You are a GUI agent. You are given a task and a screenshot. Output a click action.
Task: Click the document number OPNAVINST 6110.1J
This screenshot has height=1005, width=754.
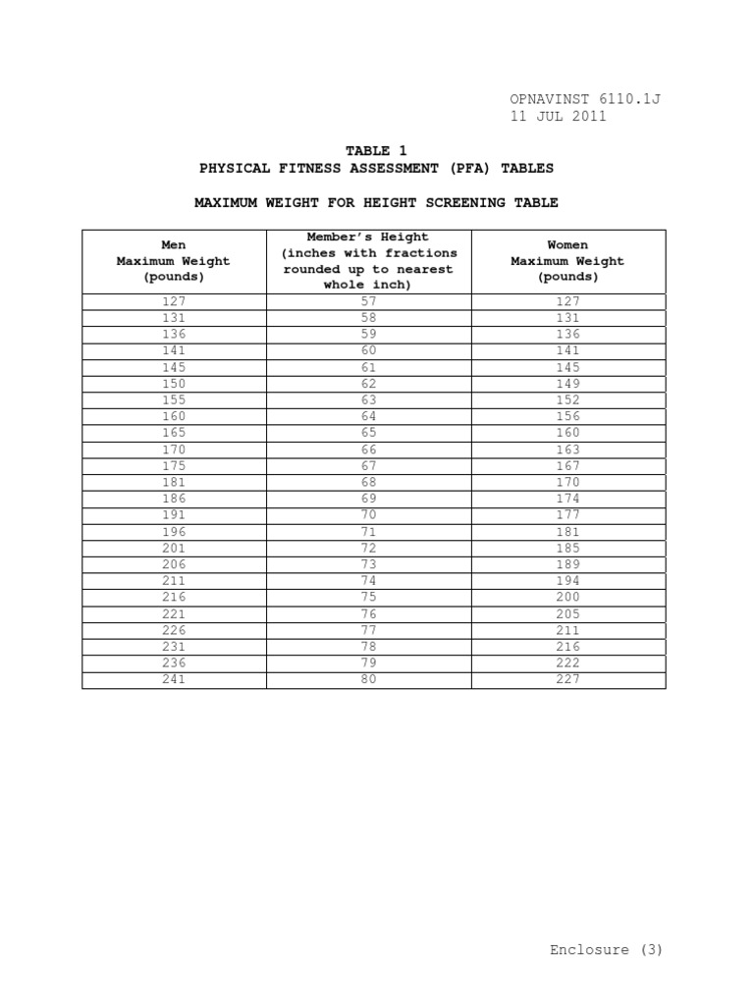click(x=585, y=99)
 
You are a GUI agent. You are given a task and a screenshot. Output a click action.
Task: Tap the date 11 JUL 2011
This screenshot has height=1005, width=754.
click(x=558, y=116)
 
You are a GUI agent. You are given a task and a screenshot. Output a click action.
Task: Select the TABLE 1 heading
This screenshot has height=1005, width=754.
click(x=375, y=150)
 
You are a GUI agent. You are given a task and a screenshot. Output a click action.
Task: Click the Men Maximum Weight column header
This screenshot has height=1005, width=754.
click(x=174, y=261)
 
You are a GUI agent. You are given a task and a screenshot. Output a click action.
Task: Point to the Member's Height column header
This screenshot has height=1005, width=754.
click(x=368, y=261)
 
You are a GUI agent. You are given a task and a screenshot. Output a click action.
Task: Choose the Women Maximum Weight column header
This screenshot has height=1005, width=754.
click(x=567, y=261)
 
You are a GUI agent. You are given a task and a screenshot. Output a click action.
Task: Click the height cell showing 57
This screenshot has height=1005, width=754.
click(x=368, y=301)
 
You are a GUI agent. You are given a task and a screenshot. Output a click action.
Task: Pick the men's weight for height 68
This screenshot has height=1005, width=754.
click(x=174, y=482)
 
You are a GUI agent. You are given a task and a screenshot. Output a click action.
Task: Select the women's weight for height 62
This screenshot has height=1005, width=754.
click(x=567, y=384)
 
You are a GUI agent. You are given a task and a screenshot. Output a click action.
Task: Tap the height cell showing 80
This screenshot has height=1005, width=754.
click(x=368, y=679)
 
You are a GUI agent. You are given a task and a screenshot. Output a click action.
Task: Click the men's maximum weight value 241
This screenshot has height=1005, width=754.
click(x=174, y=679)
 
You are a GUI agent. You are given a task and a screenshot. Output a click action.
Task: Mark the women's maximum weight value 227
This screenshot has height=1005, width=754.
click(x=567, y=679)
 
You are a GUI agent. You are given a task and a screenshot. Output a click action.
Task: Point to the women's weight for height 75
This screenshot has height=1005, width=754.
click(x=567, y=597)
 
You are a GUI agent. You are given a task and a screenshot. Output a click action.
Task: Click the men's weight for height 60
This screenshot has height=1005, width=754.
click(x=174, y=350)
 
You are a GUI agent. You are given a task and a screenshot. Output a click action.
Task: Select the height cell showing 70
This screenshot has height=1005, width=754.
click(x=368, y=515)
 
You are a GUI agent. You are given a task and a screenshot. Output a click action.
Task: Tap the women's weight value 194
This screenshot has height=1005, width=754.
click(x=567, y=581)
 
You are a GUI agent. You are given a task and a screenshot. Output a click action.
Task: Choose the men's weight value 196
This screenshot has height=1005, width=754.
click(x=174, y=532)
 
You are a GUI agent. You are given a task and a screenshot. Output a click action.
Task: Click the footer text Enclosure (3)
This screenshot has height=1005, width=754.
click(x=606, y=949)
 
